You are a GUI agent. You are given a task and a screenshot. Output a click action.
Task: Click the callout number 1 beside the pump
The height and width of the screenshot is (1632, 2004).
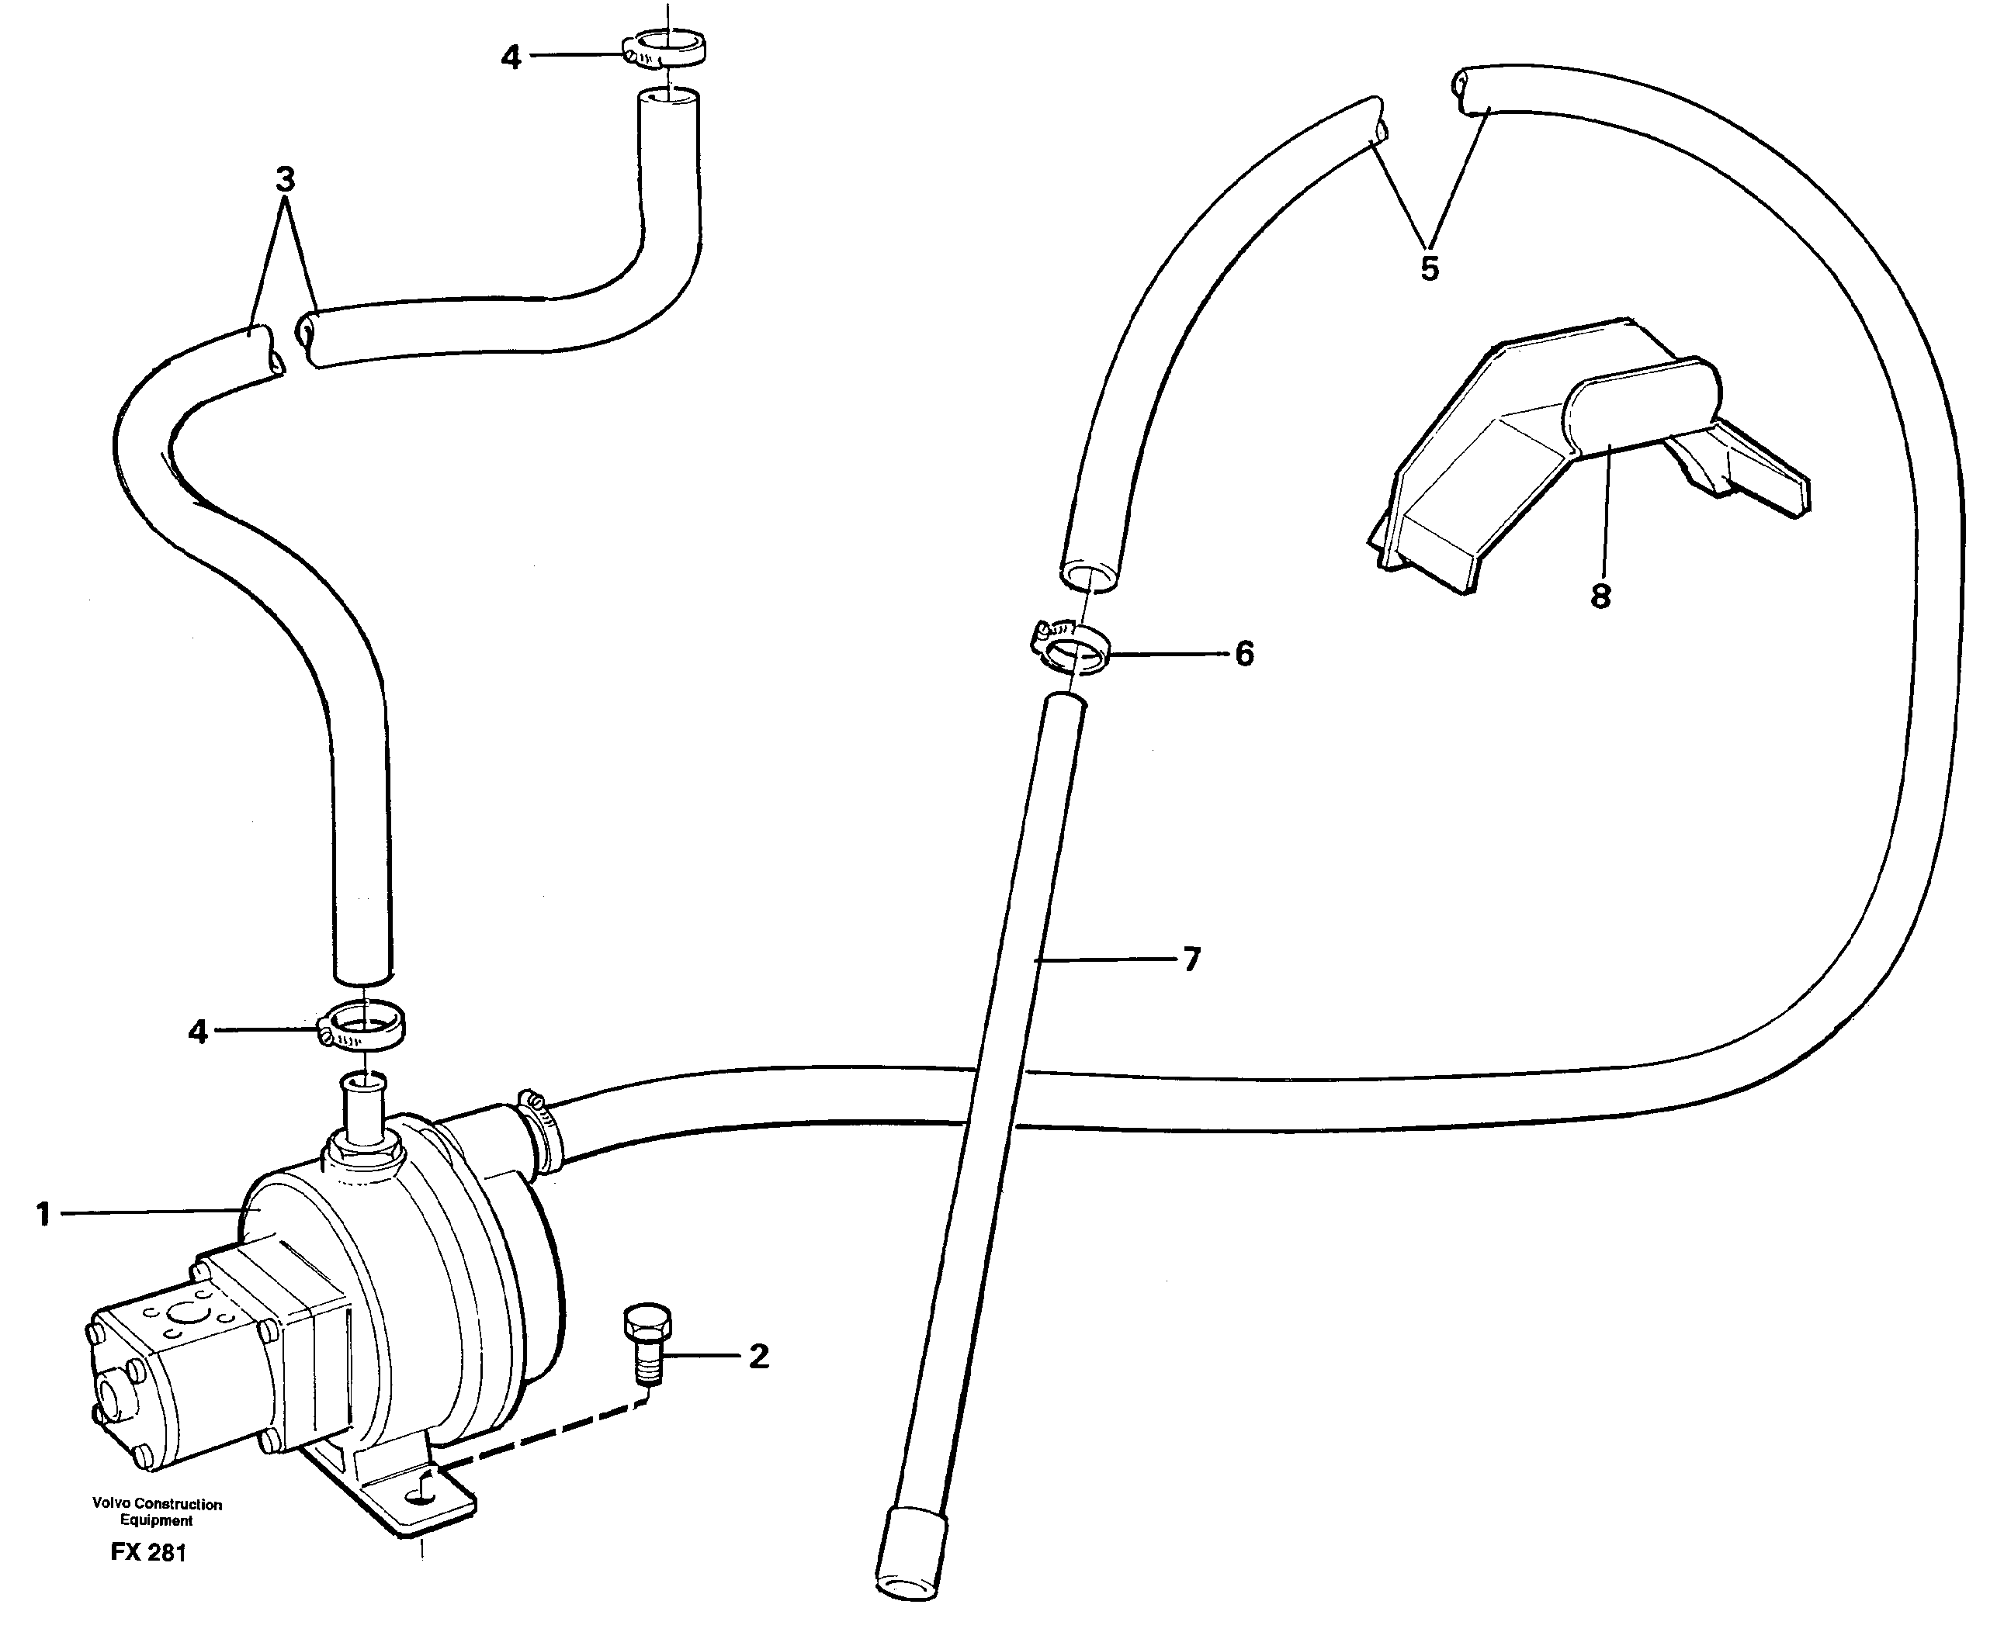[x=43, y=1215]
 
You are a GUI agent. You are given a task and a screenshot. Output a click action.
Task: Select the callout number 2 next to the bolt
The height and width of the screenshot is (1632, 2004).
[x=758, y=1356]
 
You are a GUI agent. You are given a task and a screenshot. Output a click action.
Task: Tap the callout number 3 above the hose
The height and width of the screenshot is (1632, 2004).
[x=286, y=178]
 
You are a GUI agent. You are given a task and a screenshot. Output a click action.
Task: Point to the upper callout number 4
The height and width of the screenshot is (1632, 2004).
[x=510, y=57]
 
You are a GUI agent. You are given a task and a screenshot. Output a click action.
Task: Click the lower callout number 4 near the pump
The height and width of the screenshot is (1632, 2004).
[x=197, y=1032]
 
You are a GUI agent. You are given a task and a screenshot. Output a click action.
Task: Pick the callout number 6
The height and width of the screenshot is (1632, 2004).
[x=1244, y=653]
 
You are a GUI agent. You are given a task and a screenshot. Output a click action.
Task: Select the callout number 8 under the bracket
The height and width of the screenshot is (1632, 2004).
[x=1600, y=596]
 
